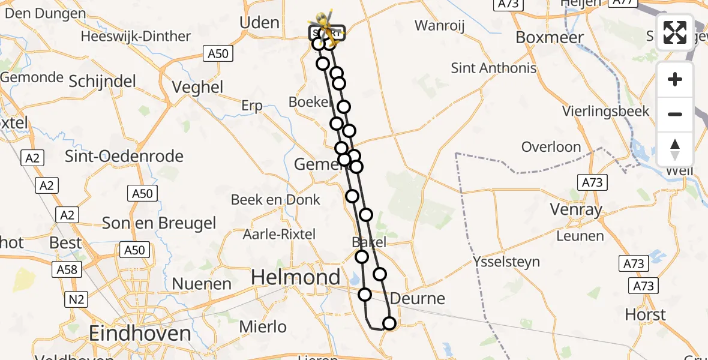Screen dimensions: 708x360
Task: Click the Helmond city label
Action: point(295,277)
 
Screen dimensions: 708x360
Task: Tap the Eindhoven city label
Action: point(140,333)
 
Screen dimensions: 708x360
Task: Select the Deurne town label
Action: point(418,298)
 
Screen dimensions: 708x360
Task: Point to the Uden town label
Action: point(259,23)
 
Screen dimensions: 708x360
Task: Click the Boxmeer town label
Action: point(550,37)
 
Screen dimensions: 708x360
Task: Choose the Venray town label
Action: point(576,209)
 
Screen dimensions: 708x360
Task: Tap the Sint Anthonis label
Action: point(494,68)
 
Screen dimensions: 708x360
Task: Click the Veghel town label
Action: point(197,87)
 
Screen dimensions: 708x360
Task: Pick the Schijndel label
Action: point(103,81)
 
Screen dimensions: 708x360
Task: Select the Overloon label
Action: point(551,147)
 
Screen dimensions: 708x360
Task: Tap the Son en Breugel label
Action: point(159,223)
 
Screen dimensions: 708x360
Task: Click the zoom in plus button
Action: point(675,79)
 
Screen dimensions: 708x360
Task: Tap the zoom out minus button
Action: point(675,114)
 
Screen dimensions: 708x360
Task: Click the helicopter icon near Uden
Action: point(323,24)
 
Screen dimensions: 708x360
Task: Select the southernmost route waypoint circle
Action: point(389,324)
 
